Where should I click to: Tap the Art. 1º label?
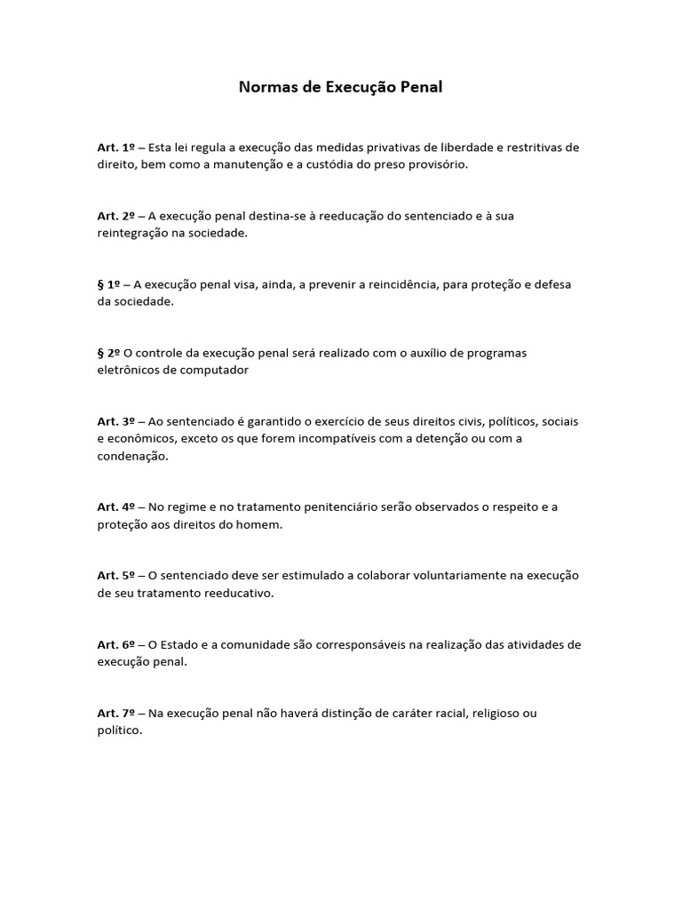[x=115, y=148]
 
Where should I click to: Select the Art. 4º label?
[x=115, y=507]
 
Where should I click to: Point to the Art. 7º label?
[x=115, y=713]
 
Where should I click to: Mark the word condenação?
[x=132, y=456]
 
